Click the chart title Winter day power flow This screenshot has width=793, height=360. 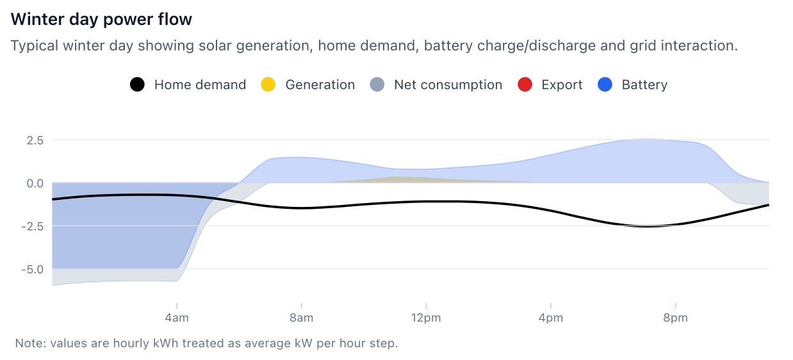pyautogui.click(x=101, y=19)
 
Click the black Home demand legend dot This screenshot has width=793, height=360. pyautogui.click(x=137, y=85)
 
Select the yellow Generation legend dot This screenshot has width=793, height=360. pyautogui.click(x=268, y=85)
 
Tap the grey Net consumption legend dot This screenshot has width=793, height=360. pyautogui.click(x=377, y=85)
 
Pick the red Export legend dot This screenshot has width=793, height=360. pyautogui.click(x=524, y=85)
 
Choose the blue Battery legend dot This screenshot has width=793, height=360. pyautogui.click(x=605, y=85)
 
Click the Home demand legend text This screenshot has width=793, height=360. pyautogui.click(x=200, y=85)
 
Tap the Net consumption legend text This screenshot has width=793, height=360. pyautogui.click(x=448, y=85)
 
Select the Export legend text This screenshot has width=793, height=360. pyautogui.click(x=562, y=85)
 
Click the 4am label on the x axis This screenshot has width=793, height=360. pyautogui.click(x=176, y=318)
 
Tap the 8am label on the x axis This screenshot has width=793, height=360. pyautogui.click(x=301, y=318)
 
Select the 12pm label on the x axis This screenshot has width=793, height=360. pyautogui.click(x=426, y=318)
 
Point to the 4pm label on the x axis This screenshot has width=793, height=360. pyautogui.click(x=551, y=318)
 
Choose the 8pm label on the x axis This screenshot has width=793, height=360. pyautogui.click(x=675, y=318)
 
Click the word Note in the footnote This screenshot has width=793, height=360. pyautogui.click(x=28, y=343)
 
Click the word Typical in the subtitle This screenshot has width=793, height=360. pyautogui.click(x=32, y=46)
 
